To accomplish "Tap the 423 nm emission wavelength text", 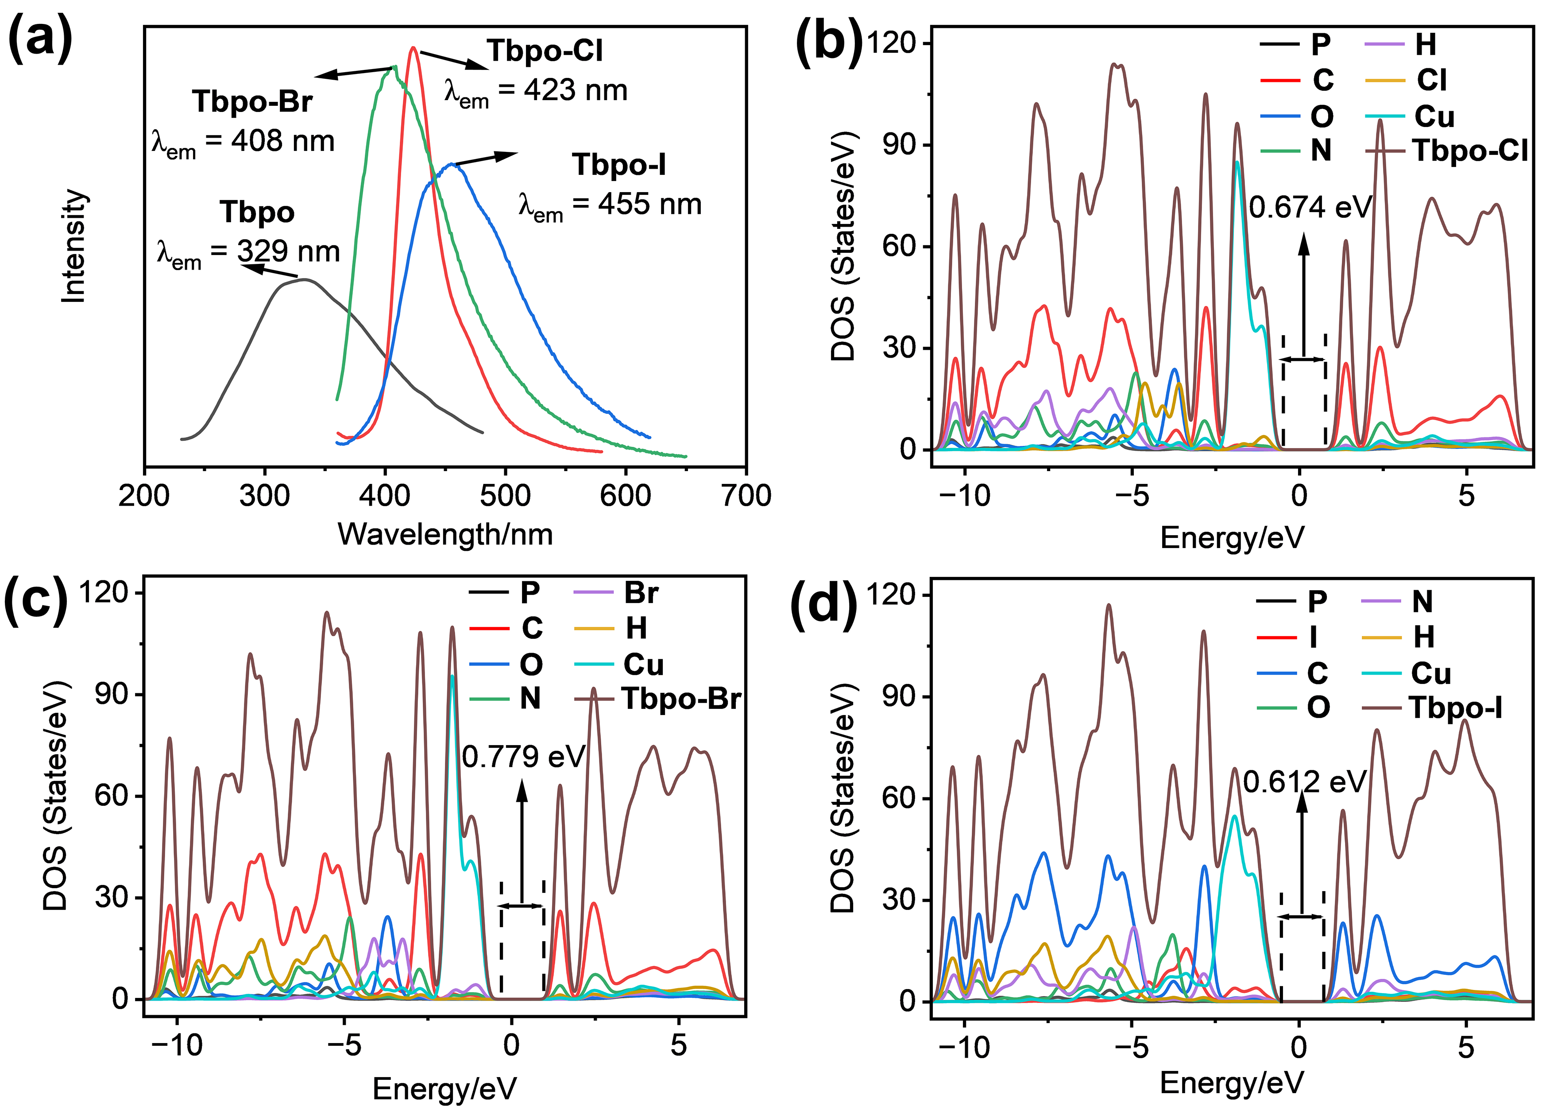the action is tap(536, 91).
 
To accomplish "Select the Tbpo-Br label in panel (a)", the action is tap(252, 101).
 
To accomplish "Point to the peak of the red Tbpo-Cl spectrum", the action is tap(413, 47).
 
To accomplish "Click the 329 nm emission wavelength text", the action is tap(248, 252).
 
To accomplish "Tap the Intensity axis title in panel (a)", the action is tap(74, 246).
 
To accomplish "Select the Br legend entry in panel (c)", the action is tap(616, 593).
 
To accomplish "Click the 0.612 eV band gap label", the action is tap(1305, 782).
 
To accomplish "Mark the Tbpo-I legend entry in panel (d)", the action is tap(1433, 708).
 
